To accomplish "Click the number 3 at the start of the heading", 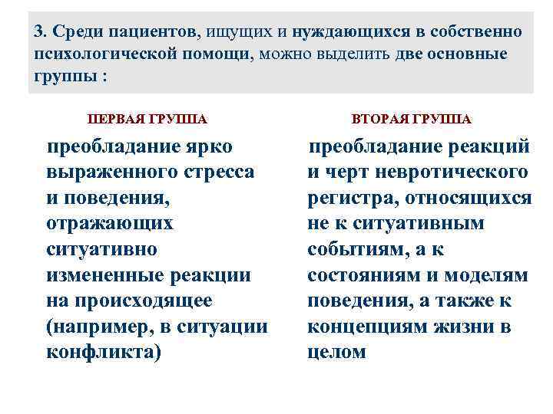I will click(39, 32).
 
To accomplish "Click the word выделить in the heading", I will click(359, 54).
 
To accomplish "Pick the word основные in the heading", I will click(465, 54).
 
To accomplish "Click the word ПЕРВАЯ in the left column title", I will click(116, 120).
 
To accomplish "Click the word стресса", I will click(221, 172).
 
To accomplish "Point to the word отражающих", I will click(110, 223).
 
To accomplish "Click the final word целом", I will click(337, 353).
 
